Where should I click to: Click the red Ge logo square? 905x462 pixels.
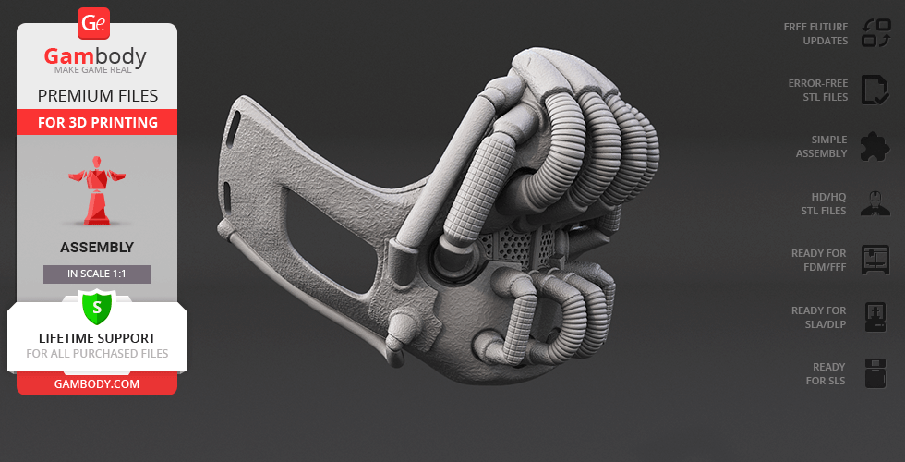pyautogui.click(x=93, y=24)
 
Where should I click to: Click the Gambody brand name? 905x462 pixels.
pyautogui.click(x=95, y=56)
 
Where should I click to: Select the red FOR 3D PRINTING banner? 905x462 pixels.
pyautogui.click(x=97, y=122)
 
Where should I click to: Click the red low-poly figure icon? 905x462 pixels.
pyautogui.click(x=97, y=190)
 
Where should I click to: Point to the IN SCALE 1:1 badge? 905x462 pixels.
pyautogui.click(x=97, y=274)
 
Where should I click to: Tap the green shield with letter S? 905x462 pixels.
pyautogui.click(x=97, y=307)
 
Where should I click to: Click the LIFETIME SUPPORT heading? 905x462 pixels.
pyautogui.click(x=97, y=338)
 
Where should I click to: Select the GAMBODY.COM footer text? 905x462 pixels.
pyautogui.click(x=97, y=384)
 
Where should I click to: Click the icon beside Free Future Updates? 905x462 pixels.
pyautogui.click(x=876, y=33)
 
